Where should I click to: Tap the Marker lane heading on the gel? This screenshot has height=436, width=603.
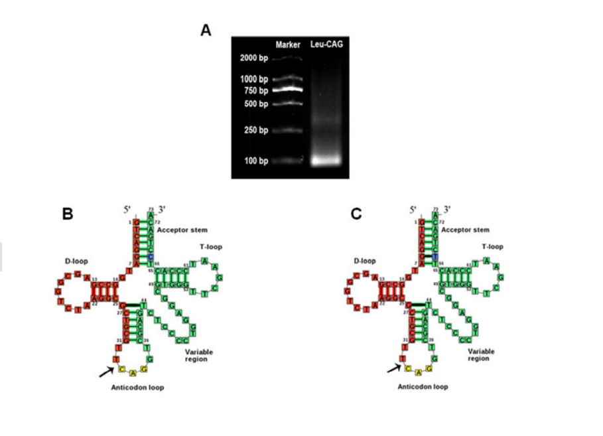click(288, 44)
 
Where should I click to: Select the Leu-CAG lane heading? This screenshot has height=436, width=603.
click(325, 44)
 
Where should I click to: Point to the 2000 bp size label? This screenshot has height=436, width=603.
click(254, 58)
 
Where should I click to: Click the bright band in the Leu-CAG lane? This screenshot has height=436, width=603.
click(326, 161)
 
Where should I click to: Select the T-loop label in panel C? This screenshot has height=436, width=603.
click(492, 246)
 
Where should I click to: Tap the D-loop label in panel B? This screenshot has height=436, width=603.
click(76, 261)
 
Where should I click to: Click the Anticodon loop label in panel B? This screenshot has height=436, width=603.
click(137, 387)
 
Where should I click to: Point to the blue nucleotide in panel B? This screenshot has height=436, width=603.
click(151, 256)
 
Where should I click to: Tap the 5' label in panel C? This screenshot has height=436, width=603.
click(413, 209)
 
